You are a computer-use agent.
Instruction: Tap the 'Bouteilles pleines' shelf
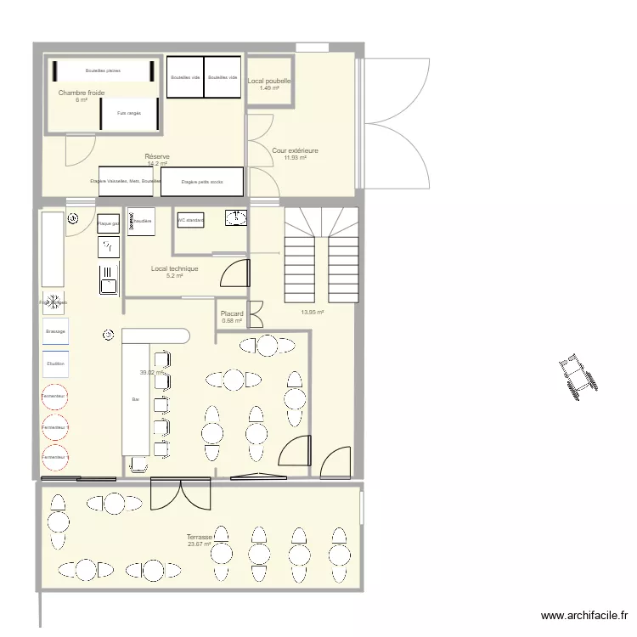(102, 70)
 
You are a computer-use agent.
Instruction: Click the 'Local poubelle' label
(269, 82)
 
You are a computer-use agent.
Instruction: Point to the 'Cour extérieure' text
(296, 150)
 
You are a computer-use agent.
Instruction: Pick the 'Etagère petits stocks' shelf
(201, 181)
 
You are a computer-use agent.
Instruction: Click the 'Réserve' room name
(157, 156)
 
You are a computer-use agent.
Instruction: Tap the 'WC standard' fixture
(190, 220)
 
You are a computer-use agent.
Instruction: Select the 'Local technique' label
(175, 268)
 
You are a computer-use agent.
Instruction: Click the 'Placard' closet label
(232, 313)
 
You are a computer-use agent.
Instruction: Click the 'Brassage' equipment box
(55, 331)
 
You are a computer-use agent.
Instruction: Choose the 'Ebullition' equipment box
(55, 364)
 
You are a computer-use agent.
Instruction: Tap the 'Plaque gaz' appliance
(108, 223)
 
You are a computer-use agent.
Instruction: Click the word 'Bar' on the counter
(134, 398)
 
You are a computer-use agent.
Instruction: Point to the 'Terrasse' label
(200, 537)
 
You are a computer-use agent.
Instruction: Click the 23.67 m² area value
(200, 544)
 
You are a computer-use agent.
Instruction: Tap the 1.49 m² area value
(269, 88)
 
